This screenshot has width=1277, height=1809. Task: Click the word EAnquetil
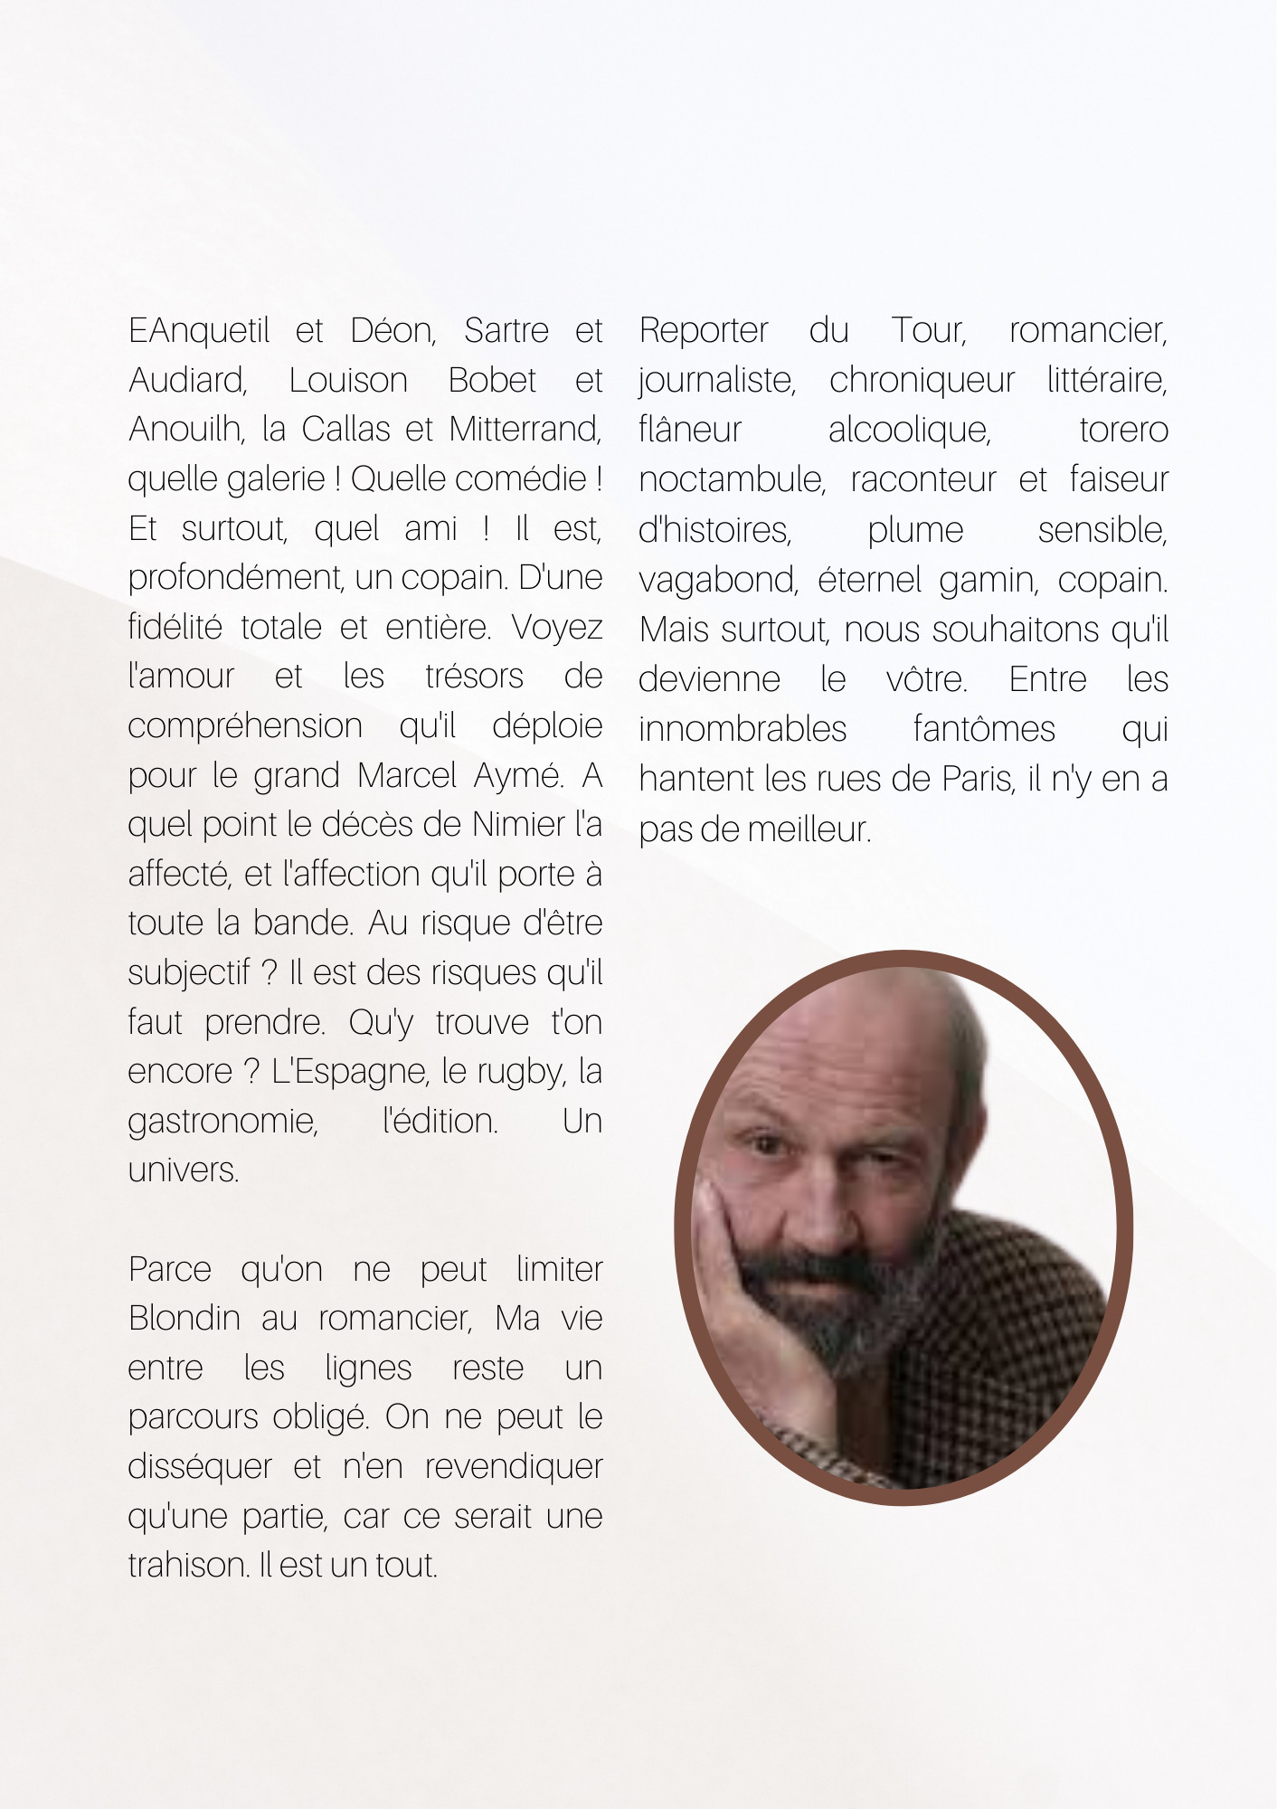coord(199,331)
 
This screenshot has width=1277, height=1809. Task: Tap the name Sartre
coord(506,331)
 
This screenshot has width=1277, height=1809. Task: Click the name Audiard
coord(187,381)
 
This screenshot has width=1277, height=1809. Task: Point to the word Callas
coord(347,430)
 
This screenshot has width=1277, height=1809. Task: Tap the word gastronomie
coord(222,1122)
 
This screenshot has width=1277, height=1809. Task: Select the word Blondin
coord(184,1319)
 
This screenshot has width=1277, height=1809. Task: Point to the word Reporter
coord(704,331)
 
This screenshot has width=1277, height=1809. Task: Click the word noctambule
coord(732,480)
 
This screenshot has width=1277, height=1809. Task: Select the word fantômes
coord(984,729)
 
